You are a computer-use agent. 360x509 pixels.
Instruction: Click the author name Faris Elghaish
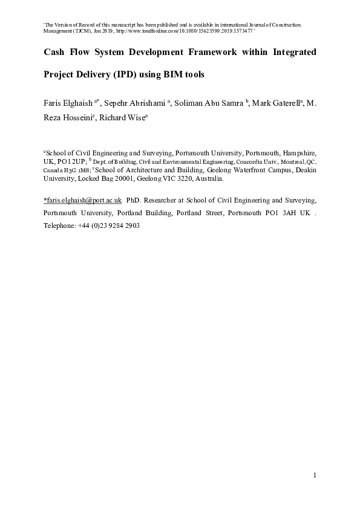[x=67, y=103]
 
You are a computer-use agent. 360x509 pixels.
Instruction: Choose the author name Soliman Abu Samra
[x=205, y=103]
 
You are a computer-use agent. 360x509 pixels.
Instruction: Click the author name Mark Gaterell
[x=274, y=103]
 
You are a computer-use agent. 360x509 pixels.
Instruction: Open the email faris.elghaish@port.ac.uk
[x=83, y=199]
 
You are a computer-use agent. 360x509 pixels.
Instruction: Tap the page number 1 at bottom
[x=315, y=476]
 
